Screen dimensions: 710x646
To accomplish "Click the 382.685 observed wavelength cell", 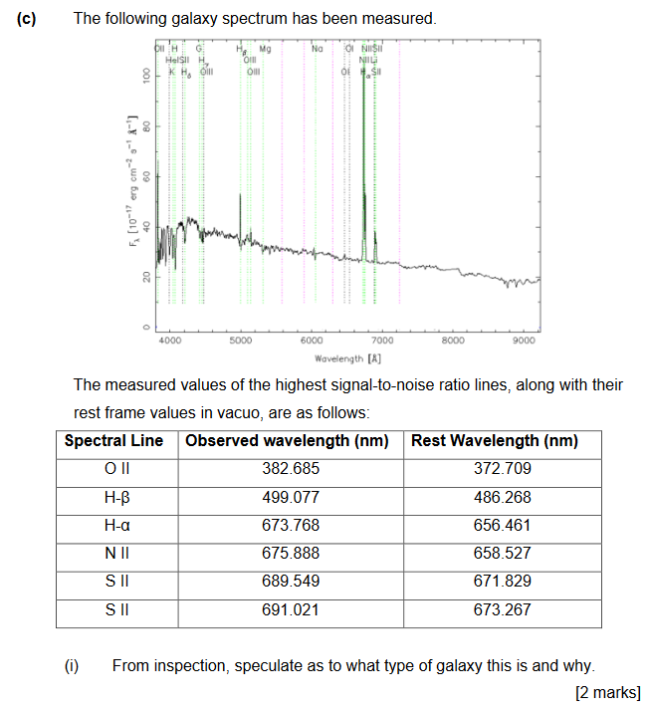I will (290, 469).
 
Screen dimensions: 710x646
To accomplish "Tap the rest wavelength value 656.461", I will (501, 525).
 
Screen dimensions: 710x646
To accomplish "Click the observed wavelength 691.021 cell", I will (290, 608).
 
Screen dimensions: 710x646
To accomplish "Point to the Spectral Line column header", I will (113, 441).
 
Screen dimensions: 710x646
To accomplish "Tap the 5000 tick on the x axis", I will (240, 341).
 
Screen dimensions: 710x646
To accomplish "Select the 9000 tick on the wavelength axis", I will (525, 341).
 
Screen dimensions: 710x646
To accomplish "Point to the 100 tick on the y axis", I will (146, 77).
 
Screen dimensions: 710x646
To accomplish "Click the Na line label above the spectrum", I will (317, 48).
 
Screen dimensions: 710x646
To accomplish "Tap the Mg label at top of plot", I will (265, 48).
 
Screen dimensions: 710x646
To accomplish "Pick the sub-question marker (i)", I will (71, 665).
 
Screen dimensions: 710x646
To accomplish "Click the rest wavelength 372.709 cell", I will (501, 469).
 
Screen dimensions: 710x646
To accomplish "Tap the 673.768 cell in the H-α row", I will (290, 525).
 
